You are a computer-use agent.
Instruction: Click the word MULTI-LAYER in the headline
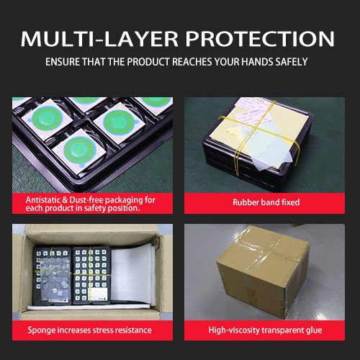tap(99, 39)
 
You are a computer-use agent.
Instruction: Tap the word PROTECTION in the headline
tap(260, 39)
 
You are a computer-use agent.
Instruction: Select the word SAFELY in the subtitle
tap(292, 62)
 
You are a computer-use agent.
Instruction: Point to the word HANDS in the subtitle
tap(257, 62)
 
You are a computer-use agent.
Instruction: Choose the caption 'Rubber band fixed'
tap(266, 202)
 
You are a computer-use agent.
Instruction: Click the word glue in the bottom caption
tap(314, 330)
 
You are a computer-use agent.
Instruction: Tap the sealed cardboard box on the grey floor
tap(263, 272)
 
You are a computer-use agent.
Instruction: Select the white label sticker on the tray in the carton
tap(99, 293)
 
